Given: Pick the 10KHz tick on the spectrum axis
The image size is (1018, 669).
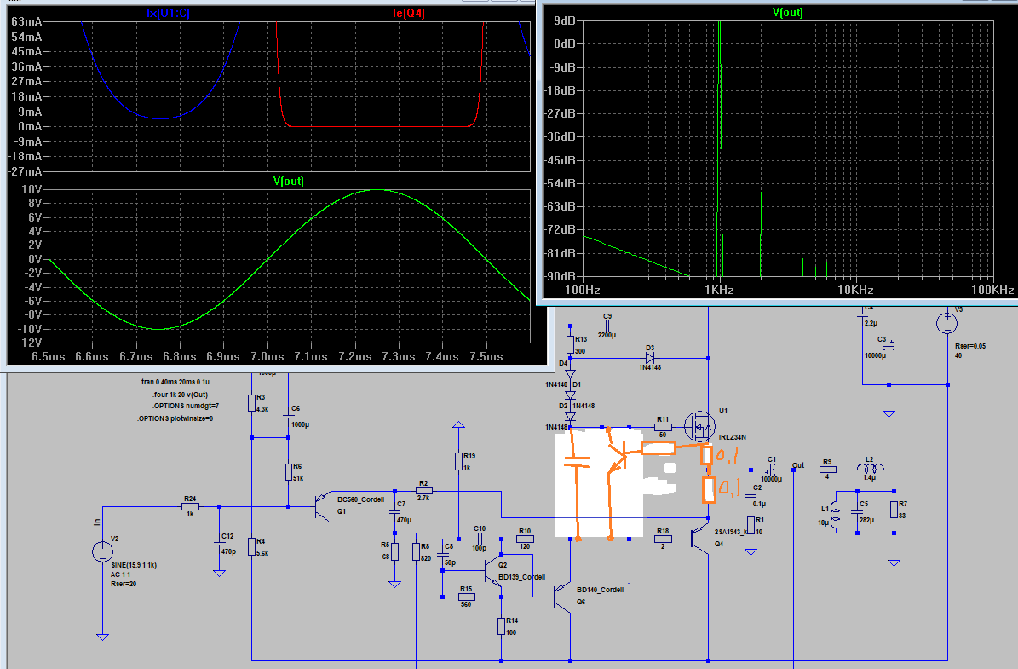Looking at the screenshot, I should pos(854,291).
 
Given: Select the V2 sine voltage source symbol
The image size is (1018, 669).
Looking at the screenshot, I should pos(102,552).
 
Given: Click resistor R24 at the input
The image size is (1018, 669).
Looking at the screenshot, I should pos(190,507).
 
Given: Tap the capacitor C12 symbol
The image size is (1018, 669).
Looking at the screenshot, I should pos(220,538).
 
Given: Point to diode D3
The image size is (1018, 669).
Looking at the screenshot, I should pos(650,358).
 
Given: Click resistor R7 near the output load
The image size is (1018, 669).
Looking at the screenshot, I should pos(894,510).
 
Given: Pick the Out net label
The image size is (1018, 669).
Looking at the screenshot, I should pos(797,465).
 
